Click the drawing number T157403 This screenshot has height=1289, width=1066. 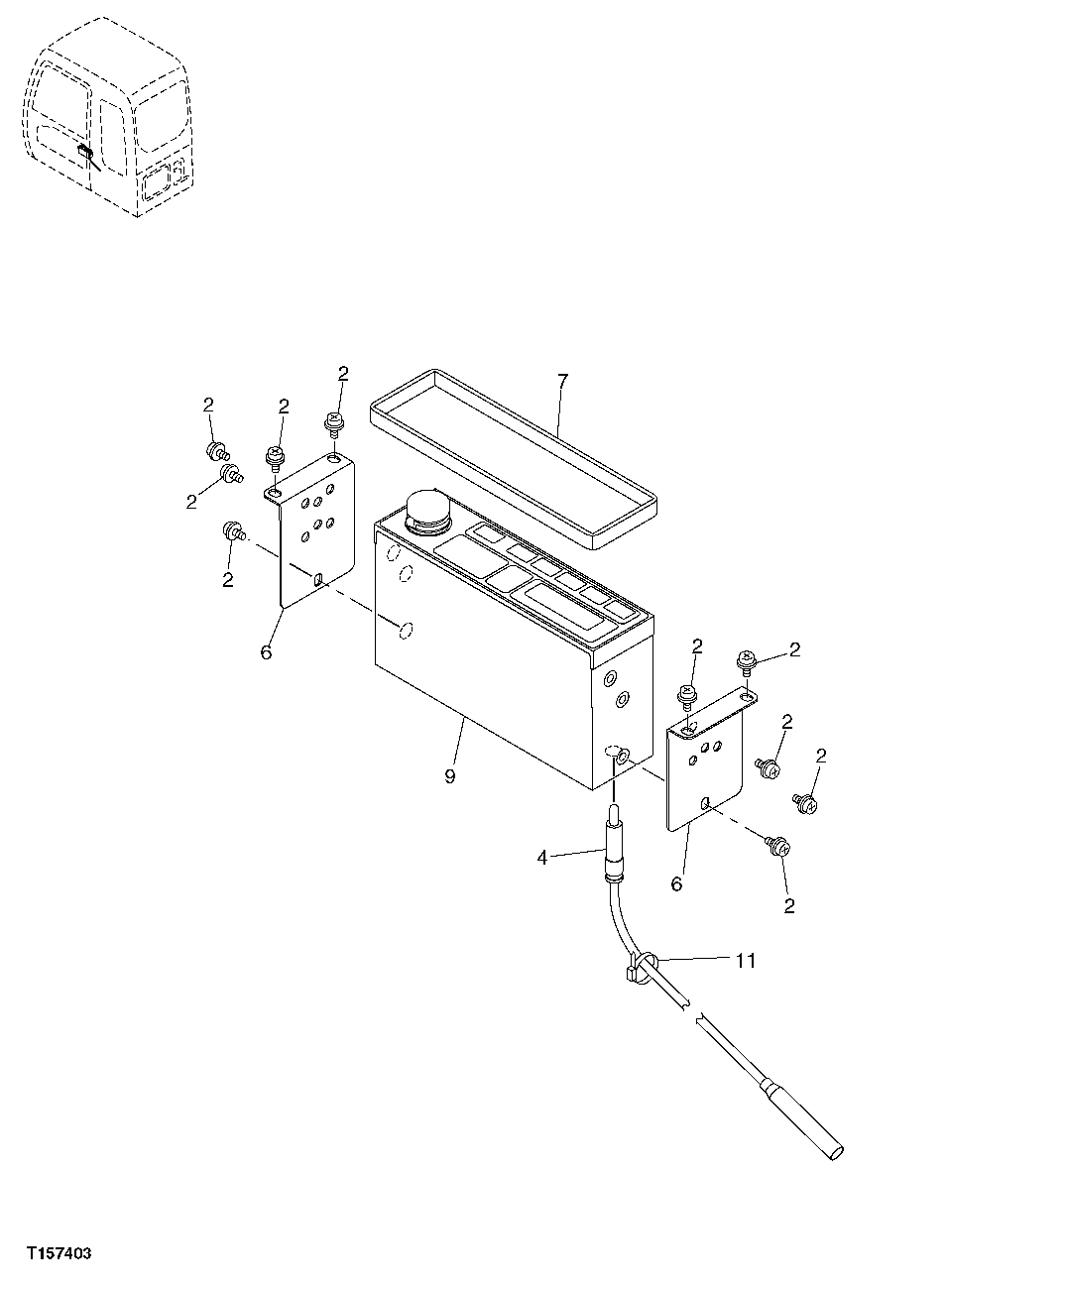[59, 1254]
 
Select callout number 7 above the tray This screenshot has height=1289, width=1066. [562, 380]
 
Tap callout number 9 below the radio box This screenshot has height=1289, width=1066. [450, 776]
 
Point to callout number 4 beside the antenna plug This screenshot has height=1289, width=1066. [542, 858]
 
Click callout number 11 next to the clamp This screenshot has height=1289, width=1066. [745, 960]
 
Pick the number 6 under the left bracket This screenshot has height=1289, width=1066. [266, 652]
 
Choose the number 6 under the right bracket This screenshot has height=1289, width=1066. [676, 883]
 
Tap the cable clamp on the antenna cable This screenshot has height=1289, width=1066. [641, 968]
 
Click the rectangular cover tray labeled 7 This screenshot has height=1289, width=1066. [511, 456]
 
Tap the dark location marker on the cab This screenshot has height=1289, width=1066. [86, 154]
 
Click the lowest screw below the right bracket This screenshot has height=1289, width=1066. [777, 847]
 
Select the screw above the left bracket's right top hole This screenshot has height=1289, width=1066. [334, 424]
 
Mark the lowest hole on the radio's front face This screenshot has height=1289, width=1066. [404, 630]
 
